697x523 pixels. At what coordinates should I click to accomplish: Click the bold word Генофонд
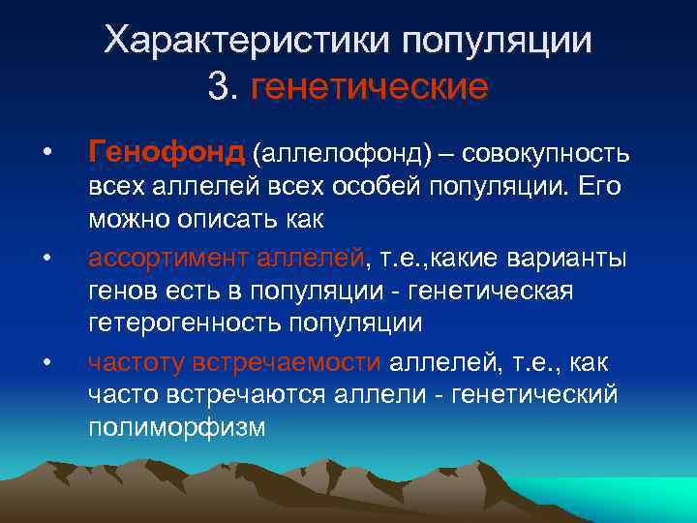tap(166, 152)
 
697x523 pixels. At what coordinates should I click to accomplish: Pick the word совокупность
tap(547, 153)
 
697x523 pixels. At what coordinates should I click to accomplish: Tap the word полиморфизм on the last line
tap(175, 427)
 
